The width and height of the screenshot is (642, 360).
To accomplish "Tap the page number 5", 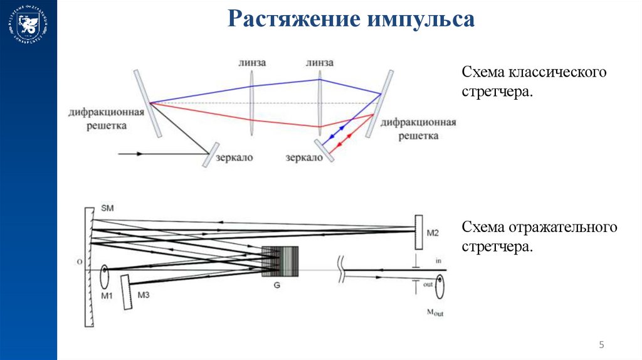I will pos(602,344).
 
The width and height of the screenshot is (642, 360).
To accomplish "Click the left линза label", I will pos(252,63).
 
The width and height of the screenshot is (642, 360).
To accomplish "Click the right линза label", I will pos(320,63).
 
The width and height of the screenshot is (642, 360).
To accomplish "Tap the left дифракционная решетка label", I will pos(108,119).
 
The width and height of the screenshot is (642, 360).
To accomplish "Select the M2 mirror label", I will pos(433,233).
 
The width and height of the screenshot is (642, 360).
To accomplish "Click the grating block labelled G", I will pos(280,261).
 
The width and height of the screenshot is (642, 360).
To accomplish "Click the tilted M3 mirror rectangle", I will pos(126,292).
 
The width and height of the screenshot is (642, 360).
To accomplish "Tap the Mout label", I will pos(434,312).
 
